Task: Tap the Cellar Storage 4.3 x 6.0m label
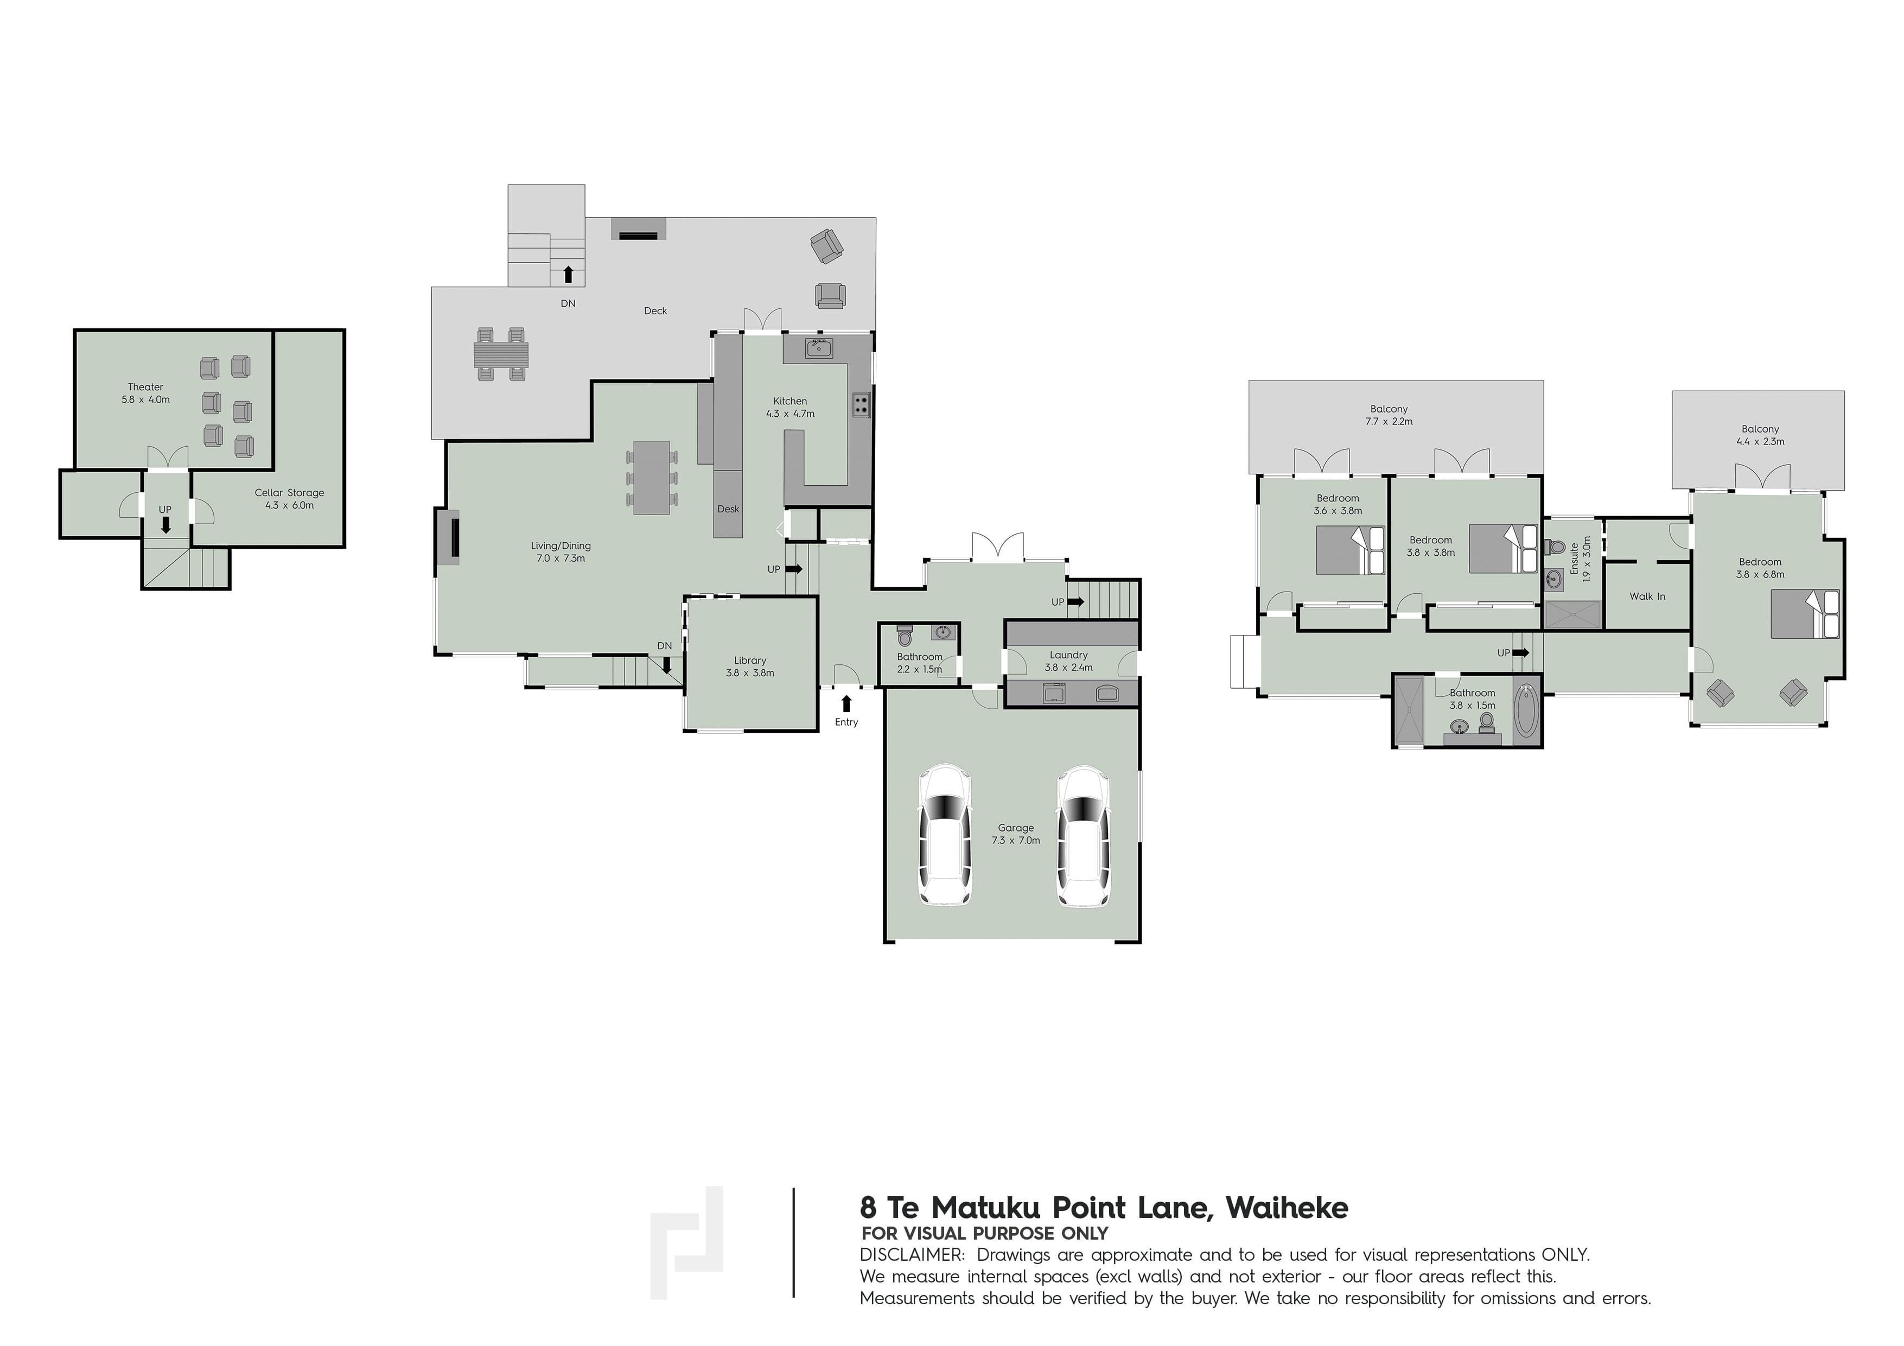(289, 498)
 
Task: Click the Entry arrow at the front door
(846, 704)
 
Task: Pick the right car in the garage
(1082, 835)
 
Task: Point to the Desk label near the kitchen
(728, 509)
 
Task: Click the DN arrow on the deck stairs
(568, 273)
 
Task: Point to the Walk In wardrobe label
(1647, 596)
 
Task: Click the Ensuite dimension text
(1587, 557)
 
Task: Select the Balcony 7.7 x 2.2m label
(1389, 415)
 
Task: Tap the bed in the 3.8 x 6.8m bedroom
(1805, 614)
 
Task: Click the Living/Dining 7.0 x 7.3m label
(562, 551)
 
